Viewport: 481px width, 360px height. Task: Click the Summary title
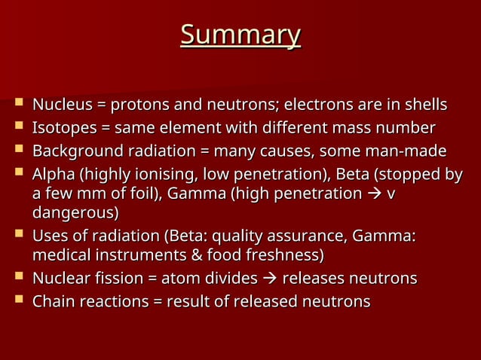(240, 35)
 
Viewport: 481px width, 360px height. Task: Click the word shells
(423, 104)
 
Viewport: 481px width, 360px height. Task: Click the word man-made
(409, 151)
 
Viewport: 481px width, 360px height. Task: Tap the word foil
(133, 194)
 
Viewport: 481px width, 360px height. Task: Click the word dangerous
(74, 212)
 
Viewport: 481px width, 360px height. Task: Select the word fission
(114, 279)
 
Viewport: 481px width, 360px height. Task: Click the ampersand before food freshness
(195, 255)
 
